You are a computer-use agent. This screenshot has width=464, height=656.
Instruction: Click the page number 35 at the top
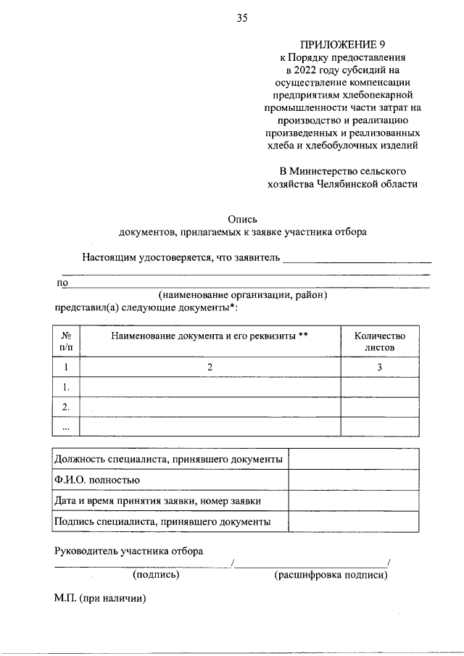click(242, 19)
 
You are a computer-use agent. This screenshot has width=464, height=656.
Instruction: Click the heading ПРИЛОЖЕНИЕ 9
click(344, 43)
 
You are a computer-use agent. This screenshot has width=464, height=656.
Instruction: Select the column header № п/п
click(66, 341)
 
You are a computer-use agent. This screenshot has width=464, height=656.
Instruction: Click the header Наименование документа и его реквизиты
click(210, 336)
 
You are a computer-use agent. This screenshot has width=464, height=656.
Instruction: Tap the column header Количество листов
click(379, 341)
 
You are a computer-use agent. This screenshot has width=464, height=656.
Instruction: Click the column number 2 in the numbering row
click(210, 368)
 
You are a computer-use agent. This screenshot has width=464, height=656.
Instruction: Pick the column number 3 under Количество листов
click(379, 368)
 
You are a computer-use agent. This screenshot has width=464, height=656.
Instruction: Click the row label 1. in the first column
click(66, 387)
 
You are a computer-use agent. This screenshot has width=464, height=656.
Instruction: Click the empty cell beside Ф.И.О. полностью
click(353, 480)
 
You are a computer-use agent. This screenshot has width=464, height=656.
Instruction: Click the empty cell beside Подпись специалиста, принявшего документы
click(353, 521)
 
